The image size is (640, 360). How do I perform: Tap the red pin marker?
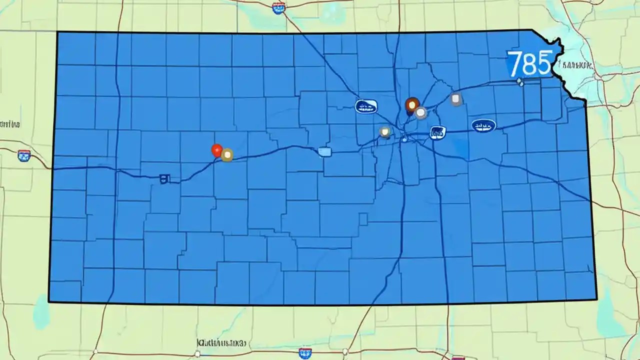tap(216, 150)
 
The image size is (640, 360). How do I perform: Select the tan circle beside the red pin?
tap(227, 155)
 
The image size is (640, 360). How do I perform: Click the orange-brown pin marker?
tap(411, 104)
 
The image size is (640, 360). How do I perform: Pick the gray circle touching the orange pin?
tap(421, 113)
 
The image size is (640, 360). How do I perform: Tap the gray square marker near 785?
tap(455, 99)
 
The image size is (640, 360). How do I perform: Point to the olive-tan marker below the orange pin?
tap(384, 132)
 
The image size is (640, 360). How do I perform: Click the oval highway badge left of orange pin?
tap(366, 106)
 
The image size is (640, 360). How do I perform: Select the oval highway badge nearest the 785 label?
tap(483, 125)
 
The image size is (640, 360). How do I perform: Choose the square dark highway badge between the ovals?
tap(437, 132)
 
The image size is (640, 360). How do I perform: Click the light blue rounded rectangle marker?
tap(324, 152)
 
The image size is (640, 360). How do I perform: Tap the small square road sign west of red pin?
tap(163, 178)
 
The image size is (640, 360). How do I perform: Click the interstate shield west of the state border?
tap(23, 155)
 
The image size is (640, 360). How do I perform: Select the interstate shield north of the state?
tap(278, 6)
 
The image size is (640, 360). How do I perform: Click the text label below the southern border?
tap(221, 343)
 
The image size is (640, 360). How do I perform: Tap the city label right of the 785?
tap(578, 65)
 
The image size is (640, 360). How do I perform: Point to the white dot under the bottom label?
tap(197, 354)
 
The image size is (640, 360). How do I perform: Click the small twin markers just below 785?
tap(520, 82)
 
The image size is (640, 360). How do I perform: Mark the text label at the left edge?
tap(10, 123)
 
